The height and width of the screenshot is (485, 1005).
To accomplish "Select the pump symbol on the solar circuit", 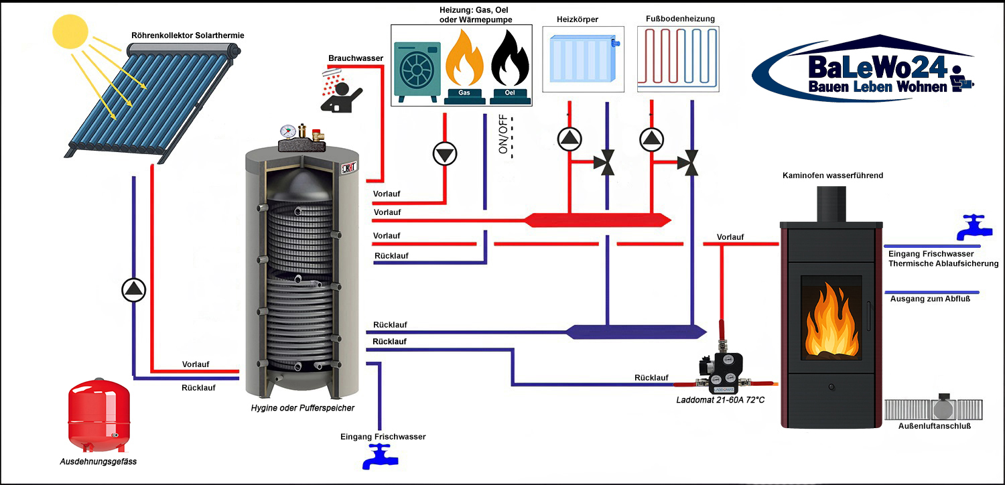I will pyautogui.click(x=134, y=289).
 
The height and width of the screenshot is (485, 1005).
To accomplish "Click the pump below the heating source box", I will pyautogui.click(x=444, y=154).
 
